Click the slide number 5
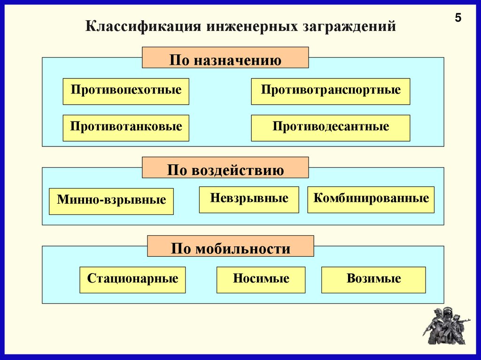(x=458, y=18)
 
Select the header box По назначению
(x=225, y=58)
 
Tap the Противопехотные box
(x=126, y=91)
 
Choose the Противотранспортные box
(x=331, y=91)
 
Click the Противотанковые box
(x=126, y=128)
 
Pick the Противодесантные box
(x=331, y=128)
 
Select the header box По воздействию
(x=225, y=168)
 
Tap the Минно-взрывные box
(x=111, y=201)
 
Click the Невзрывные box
(x=249, y=199)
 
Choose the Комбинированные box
(x=371, y=199)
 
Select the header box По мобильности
(x=231, y=246)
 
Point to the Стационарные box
(x=132, y=280)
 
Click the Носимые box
(x=261, y=280)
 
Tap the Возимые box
(x=373, y=280)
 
